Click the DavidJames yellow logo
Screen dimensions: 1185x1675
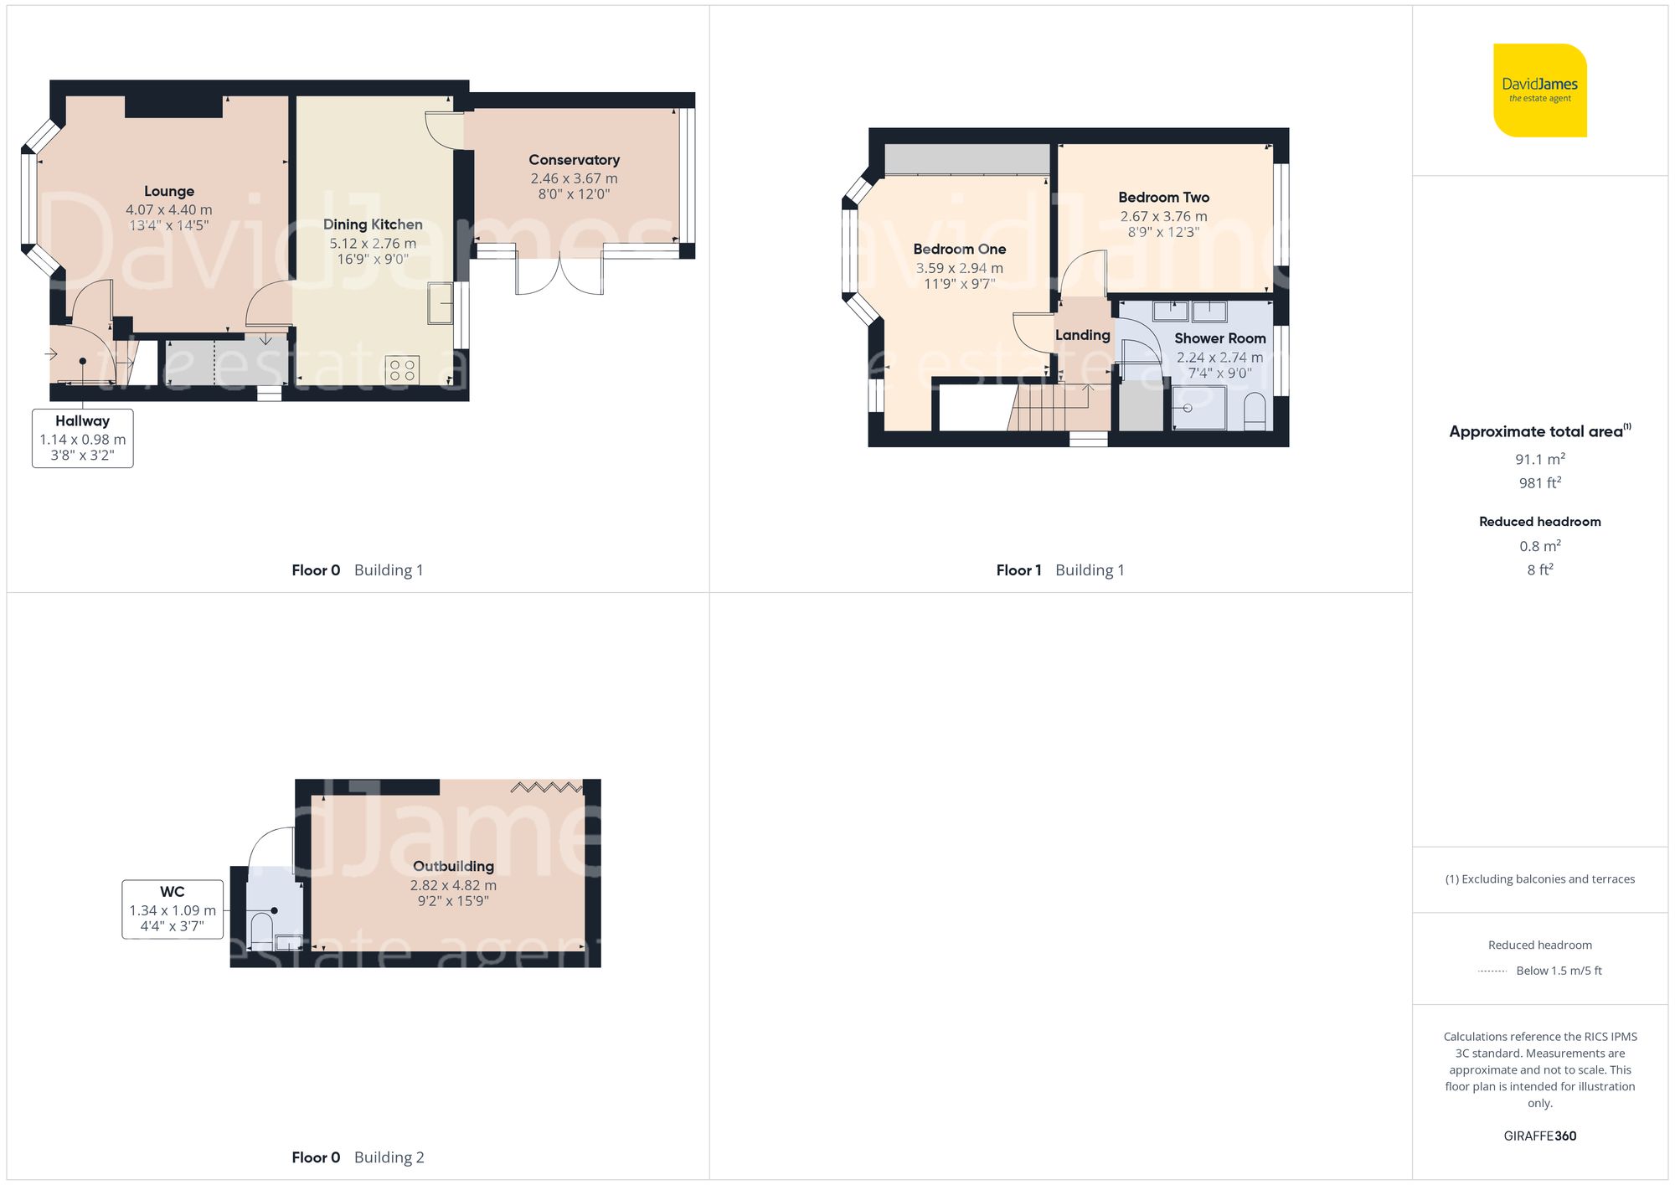[x=1539, y=90]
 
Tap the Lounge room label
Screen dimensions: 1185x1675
[x=169, y=191]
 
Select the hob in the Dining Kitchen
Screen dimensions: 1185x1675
[x=402, y=369]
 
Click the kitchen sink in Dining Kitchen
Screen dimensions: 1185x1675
[x=440, y=303]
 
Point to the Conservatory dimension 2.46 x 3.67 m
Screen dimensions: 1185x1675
[x=574, y=178]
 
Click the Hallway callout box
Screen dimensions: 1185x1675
[x=82, y=438]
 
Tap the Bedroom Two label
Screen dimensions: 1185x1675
[x=1163, y=198]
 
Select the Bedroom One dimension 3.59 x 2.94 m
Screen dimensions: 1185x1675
[x=959, y=268]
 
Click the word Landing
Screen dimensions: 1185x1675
[x=1082, y=335]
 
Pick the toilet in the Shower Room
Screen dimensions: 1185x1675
[x=1255, y=412]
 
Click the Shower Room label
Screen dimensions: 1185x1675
[x=1219, y=338]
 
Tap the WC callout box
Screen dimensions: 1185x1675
[x=173, y=909]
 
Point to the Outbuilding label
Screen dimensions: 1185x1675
[x=453, y=866]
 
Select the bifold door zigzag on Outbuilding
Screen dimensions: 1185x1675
[x=546, y=787]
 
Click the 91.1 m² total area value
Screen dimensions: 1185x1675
[x=1539, y=459]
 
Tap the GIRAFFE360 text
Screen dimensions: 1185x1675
[x=1539, y=1136]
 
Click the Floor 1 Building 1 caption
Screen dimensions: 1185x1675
[x=1059, y=570]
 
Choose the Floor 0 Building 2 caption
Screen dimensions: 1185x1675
[x=358, y=1157]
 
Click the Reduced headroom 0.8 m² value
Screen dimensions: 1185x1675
[x=1539, y=546]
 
